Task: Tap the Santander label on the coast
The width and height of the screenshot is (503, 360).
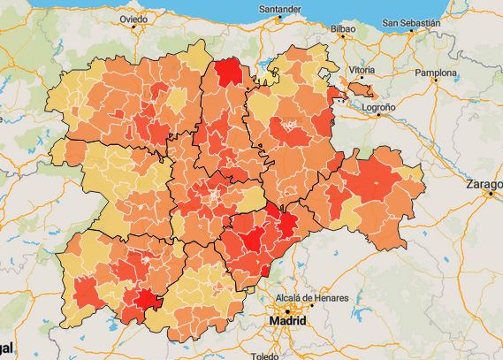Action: coord(278,11)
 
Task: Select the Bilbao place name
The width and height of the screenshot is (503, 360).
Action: coord(341,29)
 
